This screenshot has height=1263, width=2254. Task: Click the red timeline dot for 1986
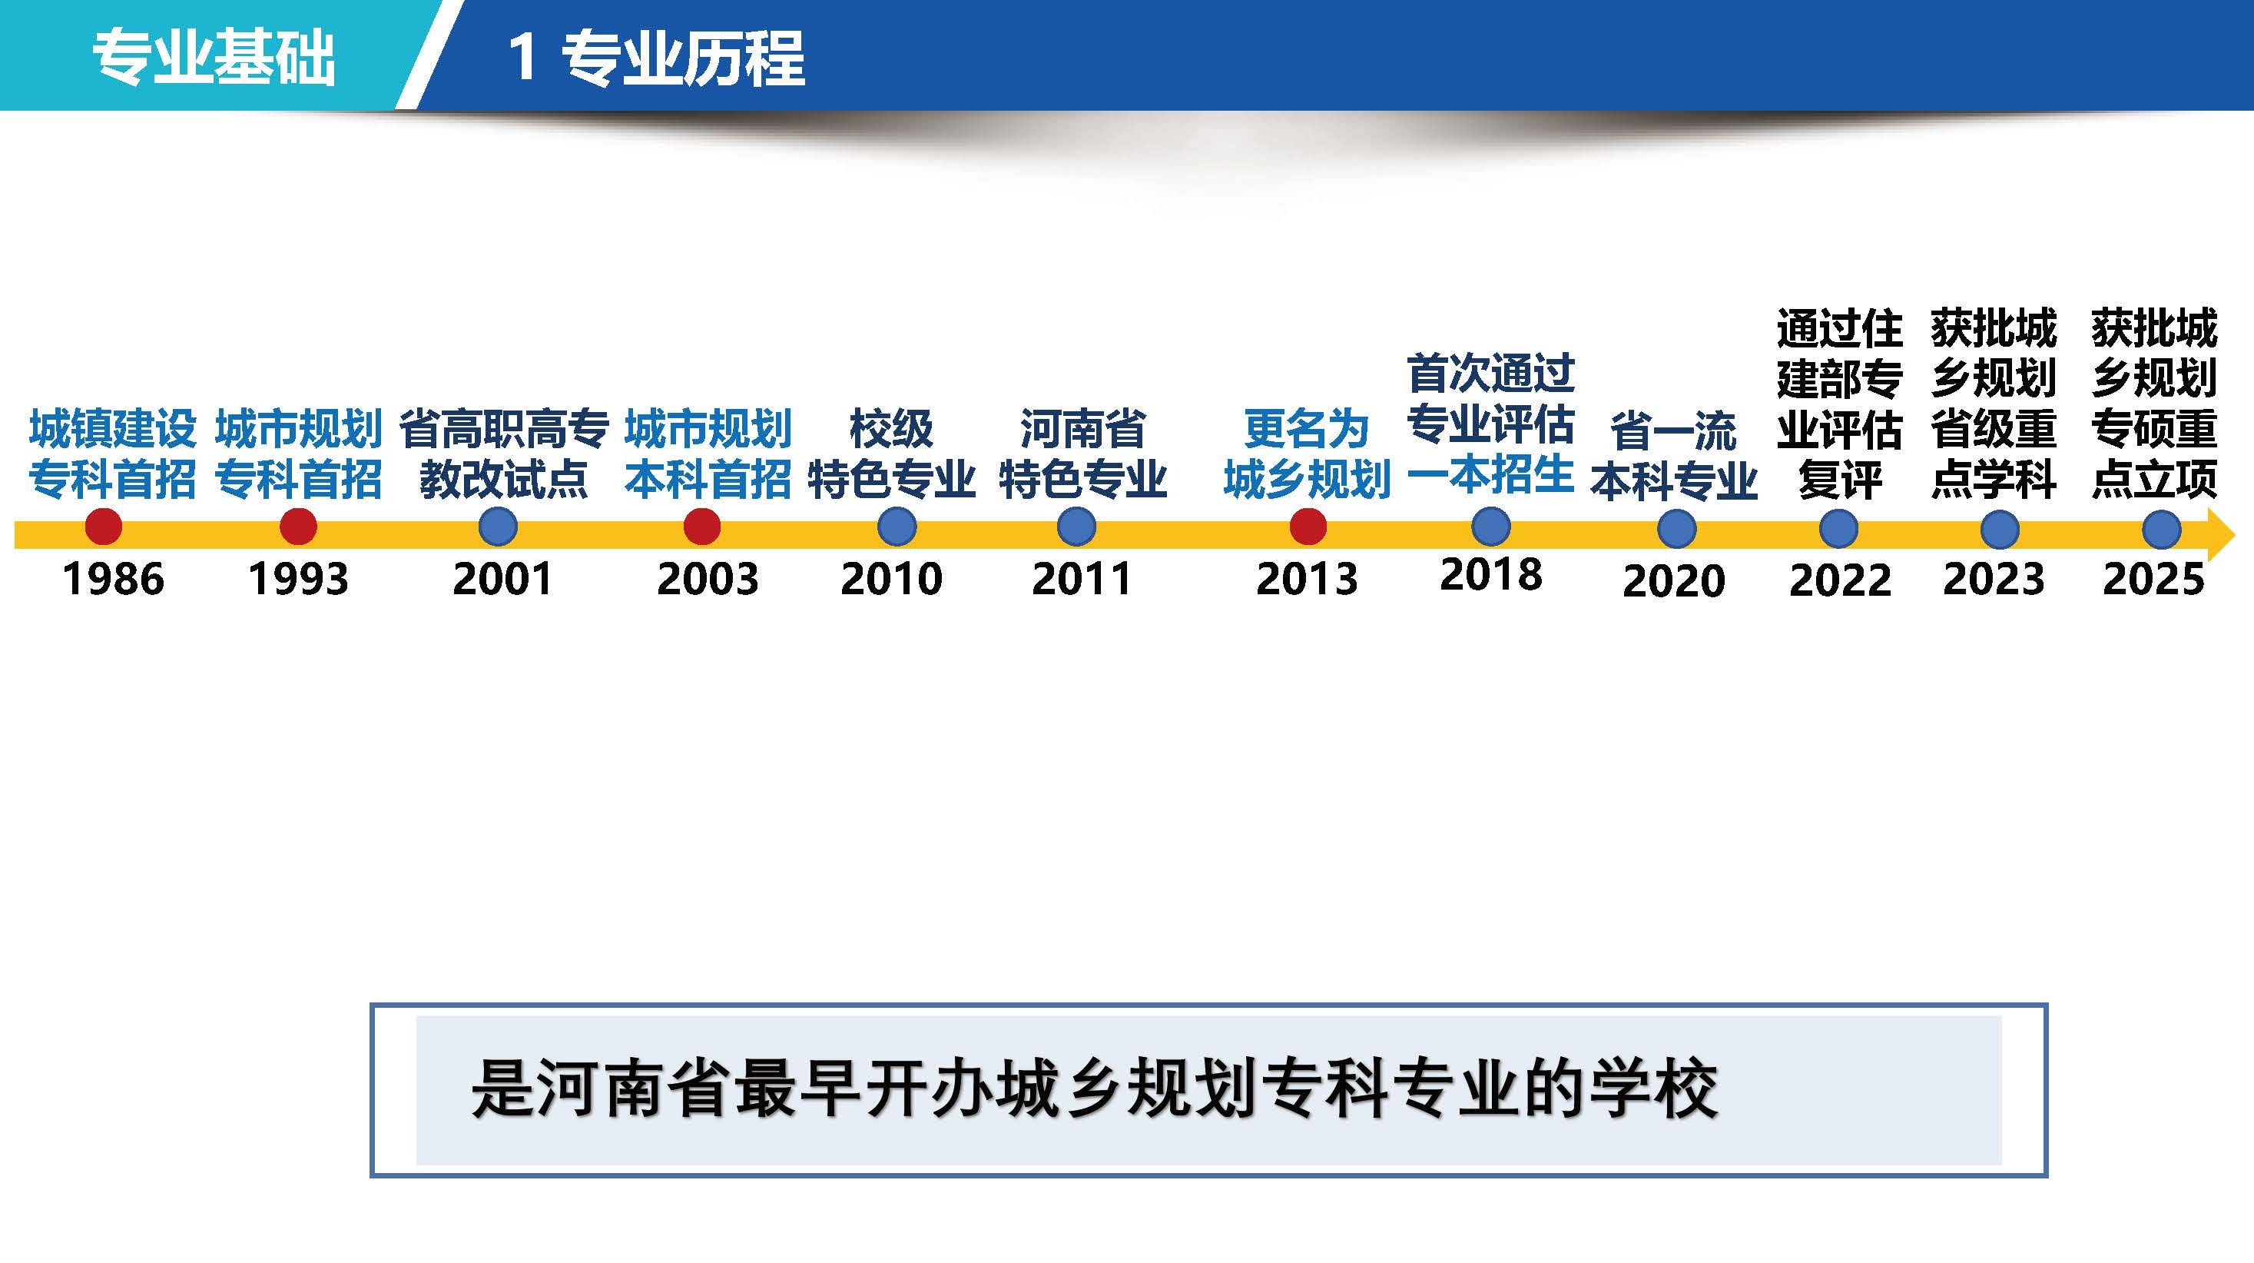click(x=103, y=527)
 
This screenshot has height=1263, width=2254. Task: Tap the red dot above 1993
click(x=297, y=527)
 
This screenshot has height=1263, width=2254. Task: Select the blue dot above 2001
click(x=498, y=527)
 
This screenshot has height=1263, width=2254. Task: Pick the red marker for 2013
click(x=1308, y=527)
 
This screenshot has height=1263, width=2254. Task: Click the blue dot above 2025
click(x=2161, y=530)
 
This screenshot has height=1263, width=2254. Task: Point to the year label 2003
click(x=707, y=579)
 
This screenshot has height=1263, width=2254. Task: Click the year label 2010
click(x=890, y=579)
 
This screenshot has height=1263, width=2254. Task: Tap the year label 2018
click(x=1491, y=574)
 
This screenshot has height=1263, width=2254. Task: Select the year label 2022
click(x=1840, y=580)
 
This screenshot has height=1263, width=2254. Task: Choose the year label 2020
click(x=1674, y=580)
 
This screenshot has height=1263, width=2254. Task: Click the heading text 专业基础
click(x=214, y=58)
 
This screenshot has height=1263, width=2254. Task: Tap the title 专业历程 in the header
click(x=682, y=58)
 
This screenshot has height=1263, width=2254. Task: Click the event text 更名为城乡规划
click(x=1308, y=454)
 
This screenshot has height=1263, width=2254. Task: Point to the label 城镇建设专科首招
click(x=113, y=454)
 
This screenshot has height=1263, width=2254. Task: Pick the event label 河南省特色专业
click(x=1083, y=454)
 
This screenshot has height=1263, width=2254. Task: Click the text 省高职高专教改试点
click(x=504, y=454)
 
